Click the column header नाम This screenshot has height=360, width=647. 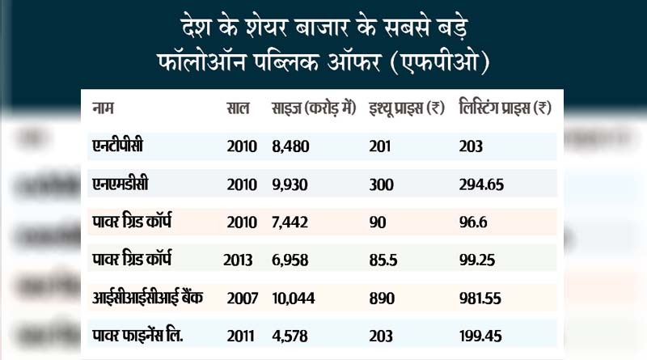point(103,108)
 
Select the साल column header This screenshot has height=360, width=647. point(237,108)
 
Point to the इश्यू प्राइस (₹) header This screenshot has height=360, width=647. point(405,108)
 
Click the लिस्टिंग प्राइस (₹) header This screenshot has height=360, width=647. point(505,108)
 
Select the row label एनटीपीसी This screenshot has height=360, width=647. point(121,146)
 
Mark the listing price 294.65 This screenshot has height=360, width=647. point(480,184)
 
